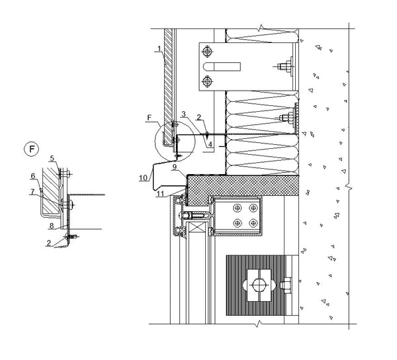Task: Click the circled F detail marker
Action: pyautogui.click(x=31, y=149)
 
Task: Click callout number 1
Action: pyautogui.click(x=159, y=48)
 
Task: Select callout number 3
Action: pyautogui.click(x=183, y=114)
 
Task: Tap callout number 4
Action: pyautogui.click(x=210, y=144)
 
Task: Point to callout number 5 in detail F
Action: pyautogui.click(x=52, y=159)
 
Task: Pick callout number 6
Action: pyautogui.click(x=33, y=176)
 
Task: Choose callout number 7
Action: pyautogui.click(x=32, y=192)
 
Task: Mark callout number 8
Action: pyautogui.click(x=52, y=226)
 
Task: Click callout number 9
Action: pyautogui.click(x=175, y=167)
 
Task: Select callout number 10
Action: pyautogui.click(x=143, y=178)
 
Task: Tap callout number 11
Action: pyautogui.click(x=160, y=194)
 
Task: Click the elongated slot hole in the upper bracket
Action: pyautogui.click(x=222, y=67)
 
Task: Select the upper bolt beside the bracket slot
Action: pyautogui.click(x=207, y=52)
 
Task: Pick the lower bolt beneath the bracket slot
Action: pyautogui.click(x=207, y=81)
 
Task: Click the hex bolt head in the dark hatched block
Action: pyautogui.click(x=259, y=285)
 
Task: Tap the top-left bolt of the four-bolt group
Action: pyautogui.click(x=238, y=208)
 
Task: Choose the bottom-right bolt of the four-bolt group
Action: pyautogui.click(x=253, y=223)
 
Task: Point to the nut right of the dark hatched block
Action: pyautogui.click(x=286, y=285)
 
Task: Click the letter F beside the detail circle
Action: pyautogui.click(x=150, y=118)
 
